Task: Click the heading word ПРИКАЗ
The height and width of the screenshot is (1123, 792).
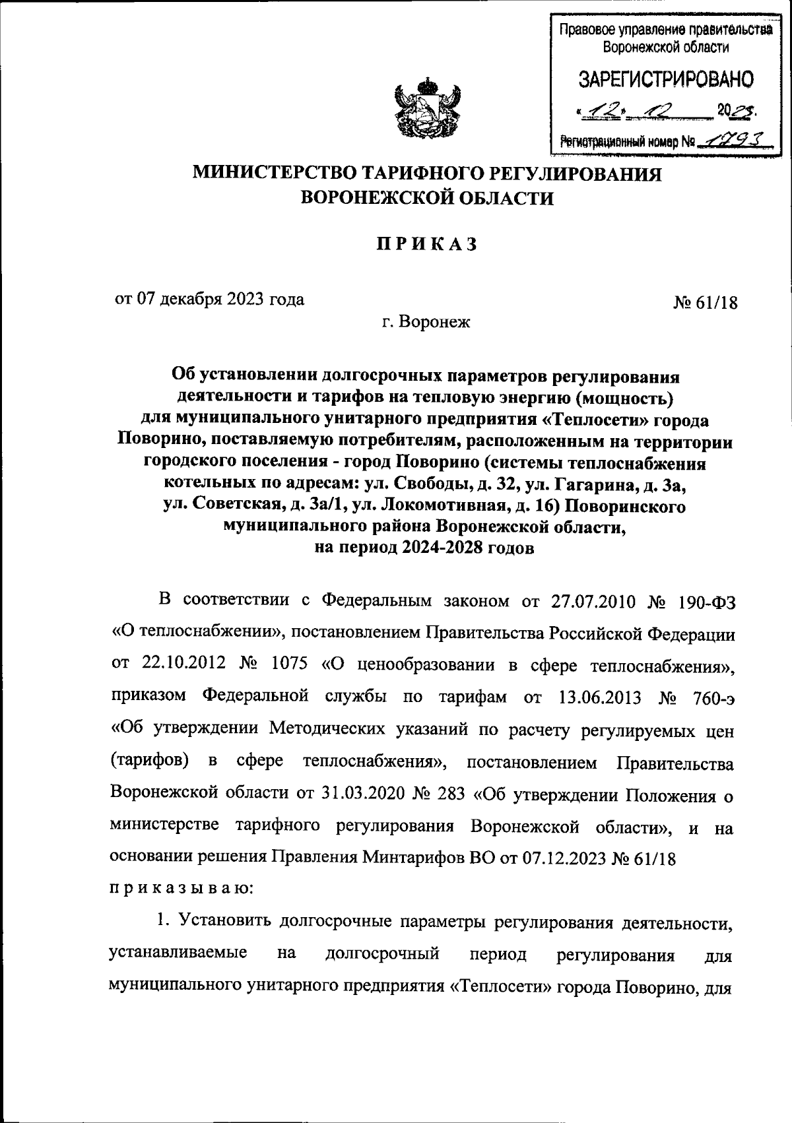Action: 426,244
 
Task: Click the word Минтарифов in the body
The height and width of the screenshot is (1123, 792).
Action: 412,857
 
